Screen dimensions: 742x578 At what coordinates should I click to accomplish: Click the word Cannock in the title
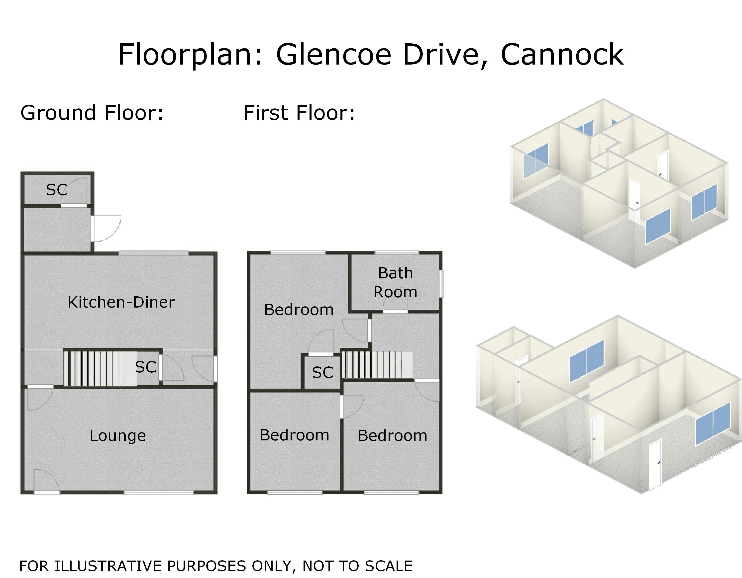(x=562, y=55)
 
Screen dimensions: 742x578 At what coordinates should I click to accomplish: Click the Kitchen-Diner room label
(x=121, y=302)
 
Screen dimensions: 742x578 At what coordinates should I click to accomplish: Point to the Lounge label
(x=117, y=436)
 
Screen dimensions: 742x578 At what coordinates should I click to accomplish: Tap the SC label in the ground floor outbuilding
(x=56, y=190)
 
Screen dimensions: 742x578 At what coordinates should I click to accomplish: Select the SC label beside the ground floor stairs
(x=145, y=367)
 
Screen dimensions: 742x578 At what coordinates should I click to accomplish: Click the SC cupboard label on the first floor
(x=322, y=373)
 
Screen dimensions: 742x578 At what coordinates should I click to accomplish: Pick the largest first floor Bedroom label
(x=299, y=310)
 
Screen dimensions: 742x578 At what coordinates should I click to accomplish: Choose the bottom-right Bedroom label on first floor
(x=392, y=436)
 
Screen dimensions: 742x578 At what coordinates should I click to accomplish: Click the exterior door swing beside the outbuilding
(x=107, y=228)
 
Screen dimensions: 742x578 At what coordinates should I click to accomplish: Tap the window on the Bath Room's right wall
(x=442, y=284)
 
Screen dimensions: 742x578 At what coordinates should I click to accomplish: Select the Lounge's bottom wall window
(x=158, y=493)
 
